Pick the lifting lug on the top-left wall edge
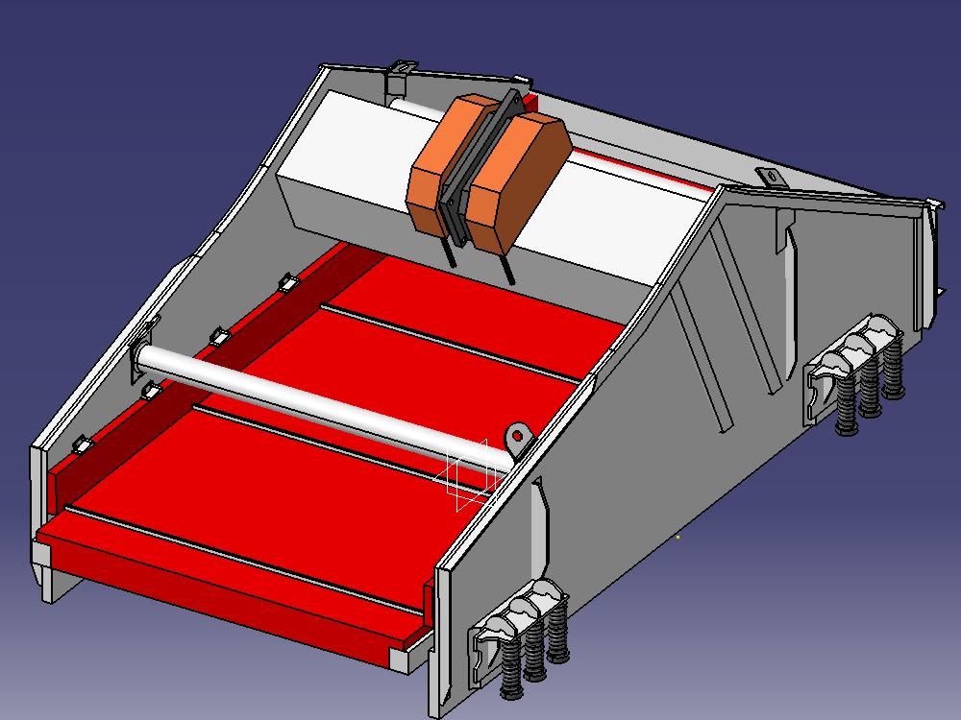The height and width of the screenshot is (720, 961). pos(402,68)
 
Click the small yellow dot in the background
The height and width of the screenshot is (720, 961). pos(678,537)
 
